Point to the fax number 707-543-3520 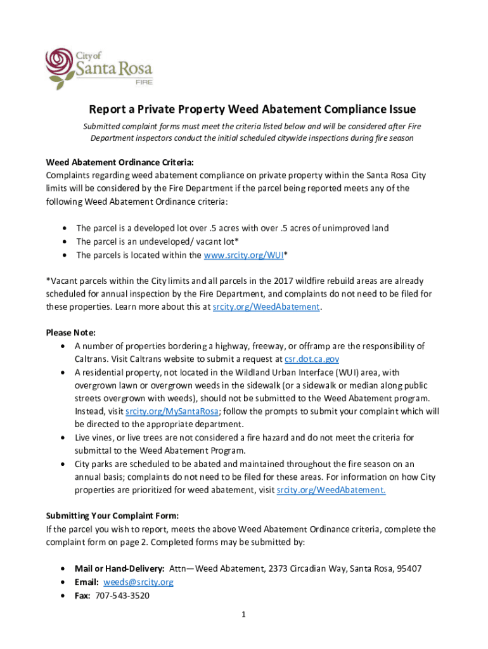pos(122,595)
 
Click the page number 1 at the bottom pos(244,614)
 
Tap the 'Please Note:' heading pos(70,333)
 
